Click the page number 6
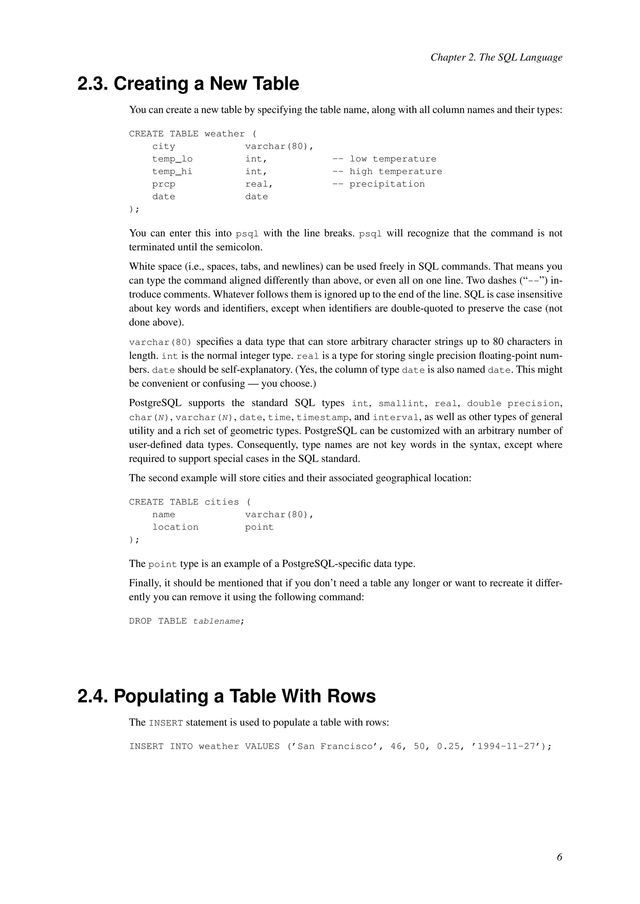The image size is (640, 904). point(559,857)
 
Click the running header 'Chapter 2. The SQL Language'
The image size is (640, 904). point(496,57)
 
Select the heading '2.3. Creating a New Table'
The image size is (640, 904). point(188,84)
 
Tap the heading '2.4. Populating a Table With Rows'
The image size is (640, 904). point(226,696)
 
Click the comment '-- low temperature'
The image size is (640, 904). point(384,159)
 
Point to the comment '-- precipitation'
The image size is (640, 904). point(378,184)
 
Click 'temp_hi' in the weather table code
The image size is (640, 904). point(172,172)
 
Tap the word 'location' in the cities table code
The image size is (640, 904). point(175,527)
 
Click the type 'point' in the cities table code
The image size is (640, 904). point(259,527)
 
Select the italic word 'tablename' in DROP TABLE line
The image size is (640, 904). point(216,621)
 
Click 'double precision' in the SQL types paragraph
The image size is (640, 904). point(513,404)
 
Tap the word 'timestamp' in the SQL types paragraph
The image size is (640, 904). point(323,417)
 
